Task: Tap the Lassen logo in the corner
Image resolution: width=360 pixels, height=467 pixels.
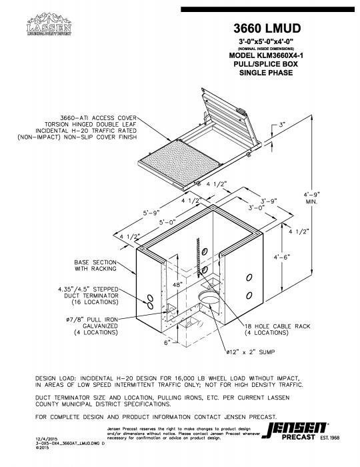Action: click(48, 27)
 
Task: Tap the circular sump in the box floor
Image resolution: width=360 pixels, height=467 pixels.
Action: click(209, 296)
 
